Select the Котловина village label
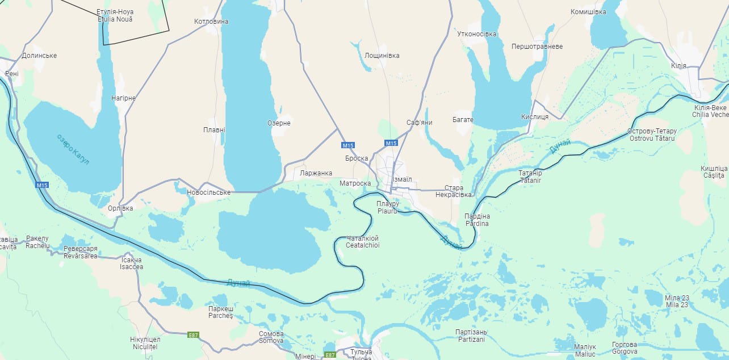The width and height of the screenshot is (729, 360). pyautogui.click(x=211, y=22)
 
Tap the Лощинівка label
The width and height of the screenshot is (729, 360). pyautogui.click(x=382, y=56)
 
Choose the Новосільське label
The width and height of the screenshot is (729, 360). pyautogui.click(x=208, y=192)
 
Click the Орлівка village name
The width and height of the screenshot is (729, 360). pyautogui.click(x=120, y=208)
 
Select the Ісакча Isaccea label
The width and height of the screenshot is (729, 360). pyautogui.click(x=132, y=263)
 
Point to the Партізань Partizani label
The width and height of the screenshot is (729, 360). pyautogui.click(x=471, y=336)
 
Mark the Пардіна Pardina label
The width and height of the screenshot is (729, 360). pyautogui.click(x=477, y=220)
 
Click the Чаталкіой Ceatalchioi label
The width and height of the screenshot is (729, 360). pyautogui.click(x=362, y=242)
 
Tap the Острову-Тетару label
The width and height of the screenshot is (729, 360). pyautogui.click(x=652, y=135)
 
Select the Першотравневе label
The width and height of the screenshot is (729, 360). pyautogui.click(x=537, y=47)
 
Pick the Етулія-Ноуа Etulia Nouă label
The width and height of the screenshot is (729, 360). pyautogui.click(x=115, y=15)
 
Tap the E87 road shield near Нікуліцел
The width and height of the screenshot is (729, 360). pyautogui.click(x=193, y=335)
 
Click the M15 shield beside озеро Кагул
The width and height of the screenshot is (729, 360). pyautogui.click(x=42, y=185)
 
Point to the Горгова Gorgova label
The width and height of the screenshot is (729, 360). pyautogui.click(x=625, y=348)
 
